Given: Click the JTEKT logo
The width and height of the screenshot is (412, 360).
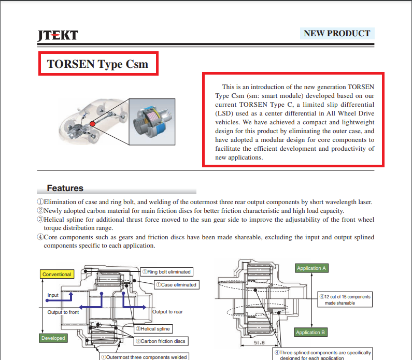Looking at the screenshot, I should tap(58, 35).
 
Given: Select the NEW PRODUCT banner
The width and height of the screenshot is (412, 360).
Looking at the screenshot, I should tap(336, 34).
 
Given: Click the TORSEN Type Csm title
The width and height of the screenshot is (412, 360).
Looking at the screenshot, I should tap(97, 64).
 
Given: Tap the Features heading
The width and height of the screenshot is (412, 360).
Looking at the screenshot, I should tap(65, 188).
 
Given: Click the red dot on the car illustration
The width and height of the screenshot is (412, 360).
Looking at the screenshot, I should tap(92, 123).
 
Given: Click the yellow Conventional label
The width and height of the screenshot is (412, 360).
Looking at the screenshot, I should tap(56, 274).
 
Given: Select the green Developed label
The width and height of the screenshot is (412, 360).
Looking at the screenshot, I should tap(53, 338).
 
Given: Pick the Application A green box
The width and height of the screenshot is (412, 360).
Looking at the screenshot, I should tap(311, 268).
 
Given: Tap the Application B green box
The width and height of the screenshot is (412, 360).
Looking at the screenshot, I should tap(311, 332).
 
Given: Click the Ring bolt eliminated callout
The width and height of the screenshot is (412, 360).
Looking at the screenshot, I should tap(166, 271).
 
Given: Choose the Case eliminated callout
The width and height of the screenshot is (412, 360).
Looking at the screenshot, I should tap(176, 284).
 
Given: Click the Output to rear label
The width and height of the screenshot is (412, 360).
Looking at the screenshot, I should tap(167, 312).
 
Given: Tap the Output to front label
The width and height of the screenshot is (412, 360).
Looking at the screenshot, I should tap(63, 312).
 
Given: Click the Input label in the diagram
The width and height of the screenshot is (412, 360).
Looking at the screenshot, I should tap(53, 295).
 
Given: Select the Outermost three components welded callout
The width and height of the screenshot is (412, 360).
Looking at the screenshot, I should tap(144, 356).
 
